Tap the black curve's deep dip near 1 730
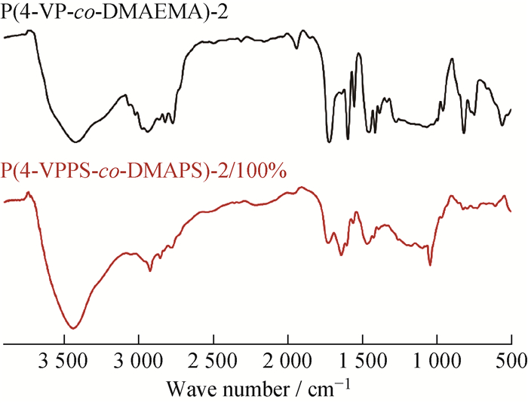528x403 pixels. pyautogui.click(x=329, y=141)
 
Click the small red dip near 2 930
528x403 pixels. pyautogui.click(x=150, y=270)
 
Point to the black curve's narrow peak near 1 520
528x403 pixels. pyautogui.click(x=359, y=53)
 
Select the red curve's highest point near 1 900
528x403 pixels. pyautogui.click(x=302, y=187)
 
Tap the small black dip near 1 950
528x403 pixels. pyautogui.click(x=296, y=47)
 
